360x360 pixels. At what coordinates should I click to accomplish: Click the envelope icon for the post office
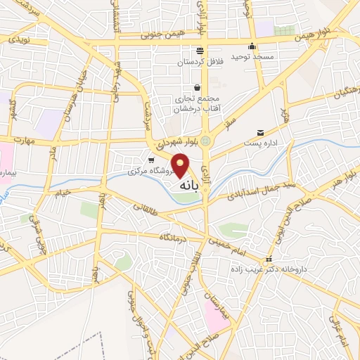tap(261, 133)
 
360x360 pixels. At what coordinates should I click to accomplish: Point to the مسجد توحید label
tap(260, 56)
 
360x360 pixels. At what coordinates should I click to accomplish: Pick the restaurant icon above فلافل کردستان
tap(200, 51)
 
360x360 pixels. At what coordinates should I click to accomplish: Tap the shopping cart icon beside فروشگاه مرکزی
tap(151, 160)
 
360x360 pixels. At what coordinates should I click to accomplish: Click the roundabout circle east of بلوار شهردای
tap(205, 141)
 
